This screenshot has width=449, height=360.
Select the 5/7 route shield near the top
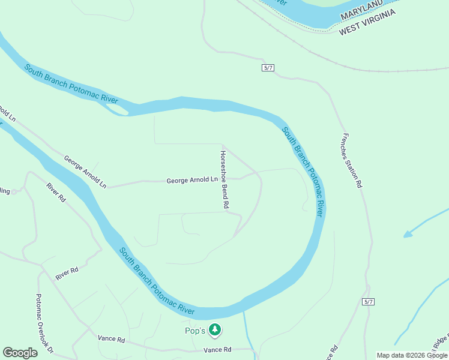point(268,68)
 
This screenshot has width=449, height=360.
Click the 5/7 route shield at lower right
point(369,302)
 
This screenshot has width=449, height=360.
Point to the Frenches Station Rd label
point(352,161)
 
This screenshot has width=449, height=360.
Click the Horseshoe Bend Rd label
point(224,179)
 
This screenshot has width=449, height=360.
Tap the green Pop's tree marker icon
point(215,330)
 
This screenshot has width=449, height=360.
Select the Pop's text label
point(194,330)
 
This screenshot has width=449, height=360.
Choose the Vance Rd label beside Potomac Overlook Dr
point(112,340)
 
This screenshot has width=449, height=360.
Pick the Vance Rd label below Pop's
point(217,350)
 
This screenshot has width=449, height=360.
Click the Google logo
point(20,353)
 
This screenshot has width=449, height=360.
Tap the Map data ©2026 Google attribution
point(412,355)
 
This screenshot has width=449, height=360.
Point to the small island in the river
point(117,109)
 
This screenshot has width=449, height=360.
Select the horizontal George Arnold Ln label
point(192,179)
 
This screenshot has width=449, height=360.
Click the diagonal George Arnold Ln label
point(85,172)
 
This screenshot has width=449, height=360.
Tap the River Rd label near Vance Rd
point(67,271)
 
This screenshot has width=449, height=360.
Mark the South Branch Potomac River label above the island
point(71,83)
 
